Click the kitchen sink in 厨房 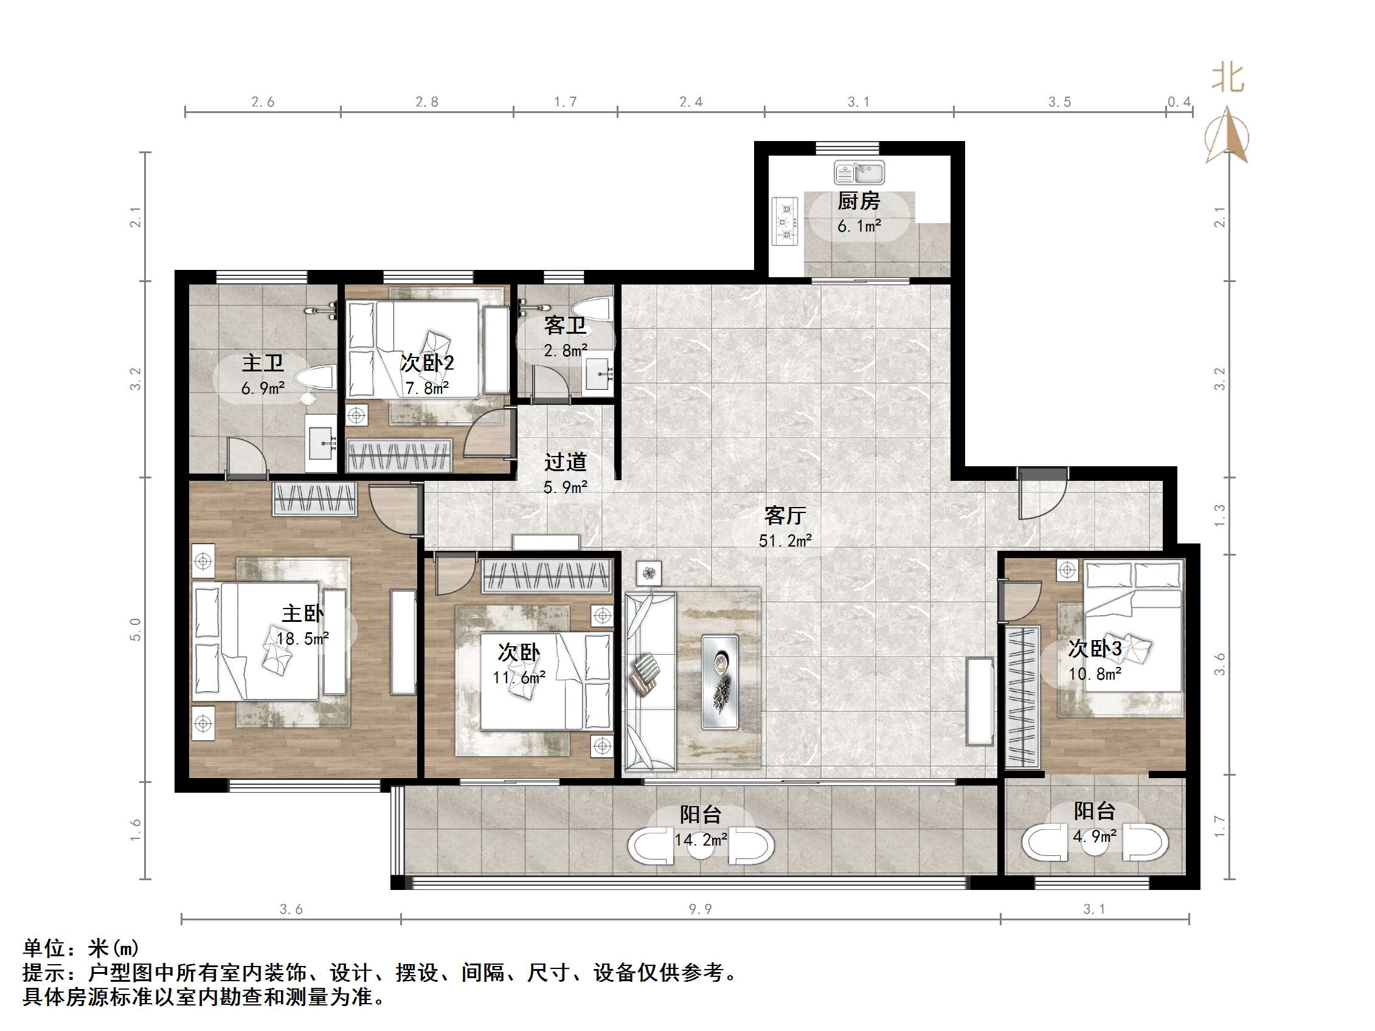859,173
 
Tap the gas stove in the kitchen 785,221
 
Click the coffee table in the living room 720,681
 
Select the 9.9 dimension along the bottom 700,909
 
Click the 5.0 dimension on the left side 136,629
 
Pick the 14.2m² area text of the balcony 701,840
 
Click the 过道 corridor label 565,462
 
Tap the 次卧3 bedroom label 1095,648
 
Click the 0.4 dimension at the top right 1179,102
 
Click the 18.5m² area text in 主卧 303,638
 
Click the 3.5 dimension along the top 1059,102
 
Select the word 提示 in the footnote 44,973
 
